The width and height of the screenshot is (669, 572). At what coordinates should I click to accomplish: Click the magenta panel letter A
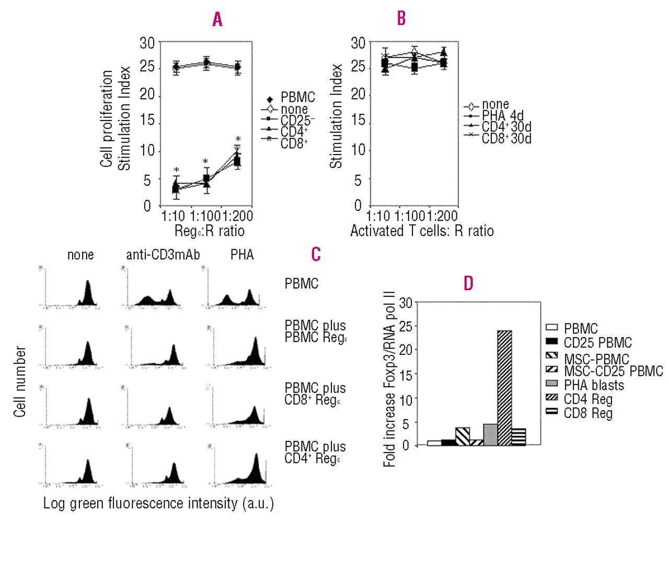(x=217, y=20)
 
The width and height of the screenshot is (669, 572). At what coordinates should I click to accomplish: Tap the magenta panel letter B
(x=401, y=18)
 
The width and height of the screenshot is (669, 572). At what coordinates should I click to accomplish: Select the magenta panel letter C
(x=316, y=254)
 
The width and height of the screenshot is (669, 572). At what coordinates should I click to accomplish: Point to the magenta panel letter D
(x=468, y=283)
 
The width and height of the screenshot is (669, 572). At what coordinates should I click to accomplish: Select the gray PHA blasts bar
(x=490, y=434)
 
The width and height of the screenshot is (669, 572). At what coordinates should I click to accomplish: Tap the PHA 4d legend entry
(x=502, y=116)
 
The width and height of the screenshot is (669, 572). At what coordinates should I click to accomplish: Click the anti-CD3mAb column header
(x=163, y=255)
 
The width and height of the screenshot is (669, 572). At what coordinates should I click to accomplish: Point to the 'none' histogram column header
(x=80, y=255)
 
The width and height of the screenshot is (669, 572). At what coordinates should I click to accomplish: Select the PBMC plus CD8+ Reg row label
(x=315, y=394)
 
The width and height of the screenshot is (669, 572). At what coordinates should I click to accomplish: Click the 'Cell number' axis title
(x=20, y=382)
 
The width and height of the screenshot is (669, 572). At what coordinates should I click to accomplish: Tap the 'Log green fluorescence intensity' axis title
(x=158, y=503)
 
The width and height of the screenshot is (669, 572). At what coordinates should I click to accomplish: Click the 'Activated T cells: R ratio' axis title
(x=422, y=231)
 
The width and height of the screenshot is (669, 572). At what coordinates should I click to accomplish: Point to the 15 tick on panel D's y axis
(x=406, y=375)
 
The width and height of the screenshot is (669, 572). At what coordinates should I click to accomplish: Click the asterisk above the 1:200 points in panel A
(x=238, y=139)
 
